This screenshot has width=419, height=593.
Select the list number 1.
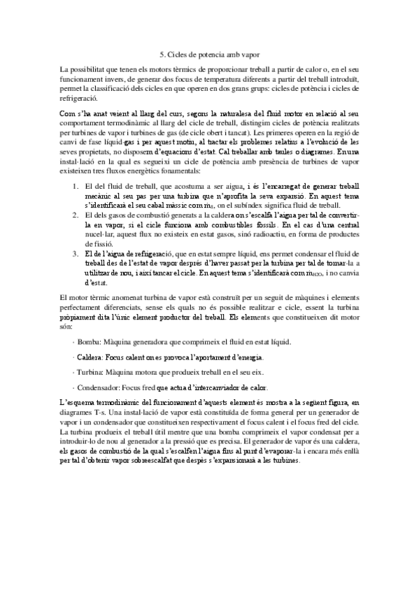pos(76,187)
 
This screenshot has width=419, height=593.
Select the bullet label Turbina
pos(90,372)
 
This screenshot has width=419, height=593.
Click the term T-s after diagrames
pos(108,413)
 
